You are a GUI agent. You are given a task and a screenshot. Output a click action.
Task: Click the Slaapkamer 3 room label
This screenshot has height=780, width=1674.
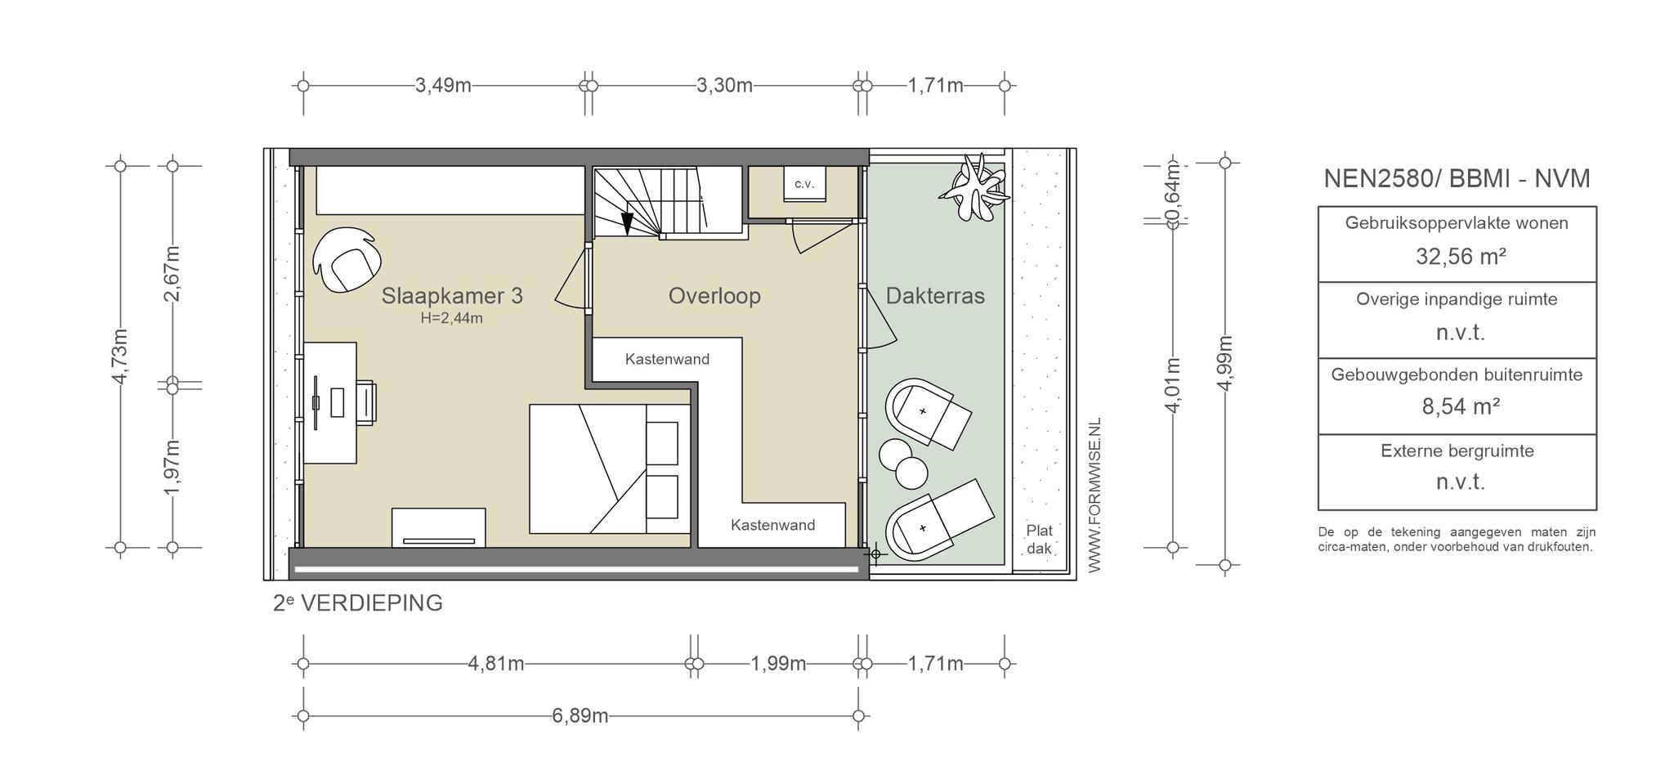(452, 296)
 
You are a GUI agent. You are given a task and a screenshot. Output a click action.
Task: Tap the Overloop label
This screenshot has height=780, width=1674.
(714, 296)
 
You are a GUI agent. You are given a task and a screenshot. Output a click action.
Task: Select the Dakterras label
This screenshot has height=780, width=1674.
(935, 296)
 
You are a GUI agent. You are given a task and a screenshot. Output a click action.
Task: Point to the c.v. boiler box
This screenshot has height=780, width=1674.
(804, 184)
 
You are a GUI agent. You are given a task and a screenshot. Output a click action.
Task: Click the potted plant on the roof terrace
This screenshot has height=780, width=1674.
(974, 189)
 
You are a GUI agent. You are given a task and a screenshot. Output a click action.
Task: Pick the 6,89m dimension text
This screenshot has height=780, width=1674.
(580, 716)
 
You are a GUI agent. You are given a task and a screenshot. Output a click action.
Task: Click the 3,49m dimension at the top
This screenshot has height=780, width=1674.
(443, 85)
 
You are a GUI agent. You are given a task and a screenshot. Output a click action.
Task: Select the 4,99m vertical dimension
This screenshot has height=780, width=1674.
(1224, 363)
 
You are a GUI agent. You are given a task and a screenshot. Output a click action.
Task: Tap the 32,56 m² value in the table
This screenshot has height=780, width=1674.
(1461, 257)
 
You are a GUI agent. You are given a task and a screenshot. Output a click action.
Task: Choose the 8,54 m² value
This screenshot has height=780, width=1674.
(1461, 406)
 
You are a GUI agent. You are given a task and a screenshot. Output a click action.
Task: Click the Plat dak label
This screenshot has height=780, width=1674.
(1040, 539)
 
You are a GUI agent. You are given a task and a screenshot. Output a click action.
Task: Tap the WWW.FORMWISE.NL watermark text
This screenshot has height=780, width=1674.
(1095, 495)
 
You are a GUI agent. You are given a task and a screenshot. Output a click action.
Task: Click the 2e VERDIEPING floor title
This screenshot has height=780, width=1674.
(358, 603)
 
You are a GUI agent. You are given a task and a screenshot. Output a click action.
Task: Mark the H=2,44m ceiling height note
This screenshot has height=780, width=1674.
(452, 319)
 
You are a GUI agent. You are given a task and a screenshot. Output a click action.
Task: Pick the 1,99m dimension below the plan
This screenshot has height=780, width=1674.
(778, 663)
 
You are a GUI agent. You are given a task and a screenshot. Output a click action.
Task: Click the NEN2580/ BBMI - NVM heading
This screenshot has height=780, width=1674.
(1457, 178)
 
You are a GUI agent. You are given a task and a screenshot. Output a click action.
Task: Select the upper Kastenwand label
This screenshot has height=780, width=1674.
(667, 359)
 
